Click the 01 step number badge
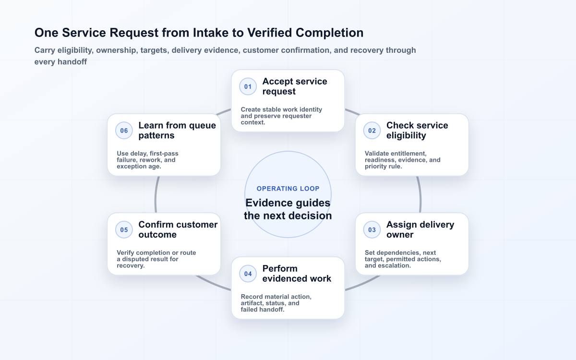(248, 86)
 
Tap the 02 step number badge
(372, 131)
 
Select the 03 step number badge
(372, 229)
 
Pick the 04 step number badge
(248, 274)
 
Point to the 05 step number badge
(124, 229)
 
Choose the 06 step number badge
(124, 131)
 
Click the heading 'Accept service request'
(295, 86)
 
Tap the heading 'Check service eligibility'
(417, 131)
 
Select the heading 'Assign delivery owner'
(420, 229)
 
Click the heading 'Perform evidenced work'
(297, 274)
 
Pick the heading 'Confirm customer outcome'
(178, 229)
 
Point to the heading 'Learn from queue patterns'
(177, 131)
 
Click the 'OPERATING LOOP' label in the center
(288, 189)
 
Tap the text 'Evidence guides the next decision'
(288, 209)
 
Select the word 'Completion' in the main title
(329, 33)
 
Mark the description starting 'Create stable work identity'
(281, 116)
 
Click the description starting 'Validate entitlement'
(402, 160)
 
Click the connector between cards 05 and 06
(156, 194)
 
